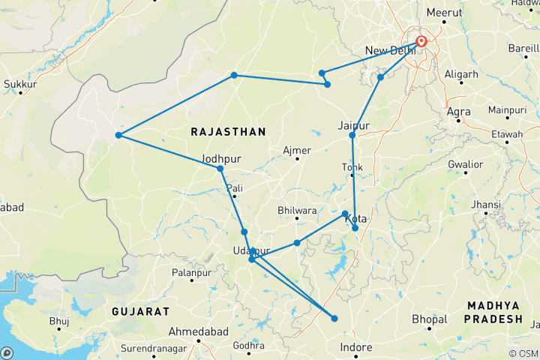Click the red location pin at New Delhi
point(421,41)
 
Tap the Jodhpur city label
point(220,159)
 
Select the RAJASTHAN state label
point(228,132)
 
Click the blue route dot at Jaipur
point(352,135)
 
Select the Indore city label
point(355,347)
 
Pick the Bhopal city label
point(430,319)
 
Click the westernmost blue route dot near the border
point(118,135)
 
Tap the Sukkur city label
point(20,85)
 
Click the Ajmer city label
point(296,151)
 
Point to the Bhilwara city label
point(297,211)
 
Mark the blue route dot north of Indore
point(334,319)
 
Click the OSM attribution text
point(523,353)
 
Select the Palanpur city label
point(190,273)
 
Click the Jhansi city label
point(486,204)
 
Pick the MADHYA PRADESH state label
point(493,311)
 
